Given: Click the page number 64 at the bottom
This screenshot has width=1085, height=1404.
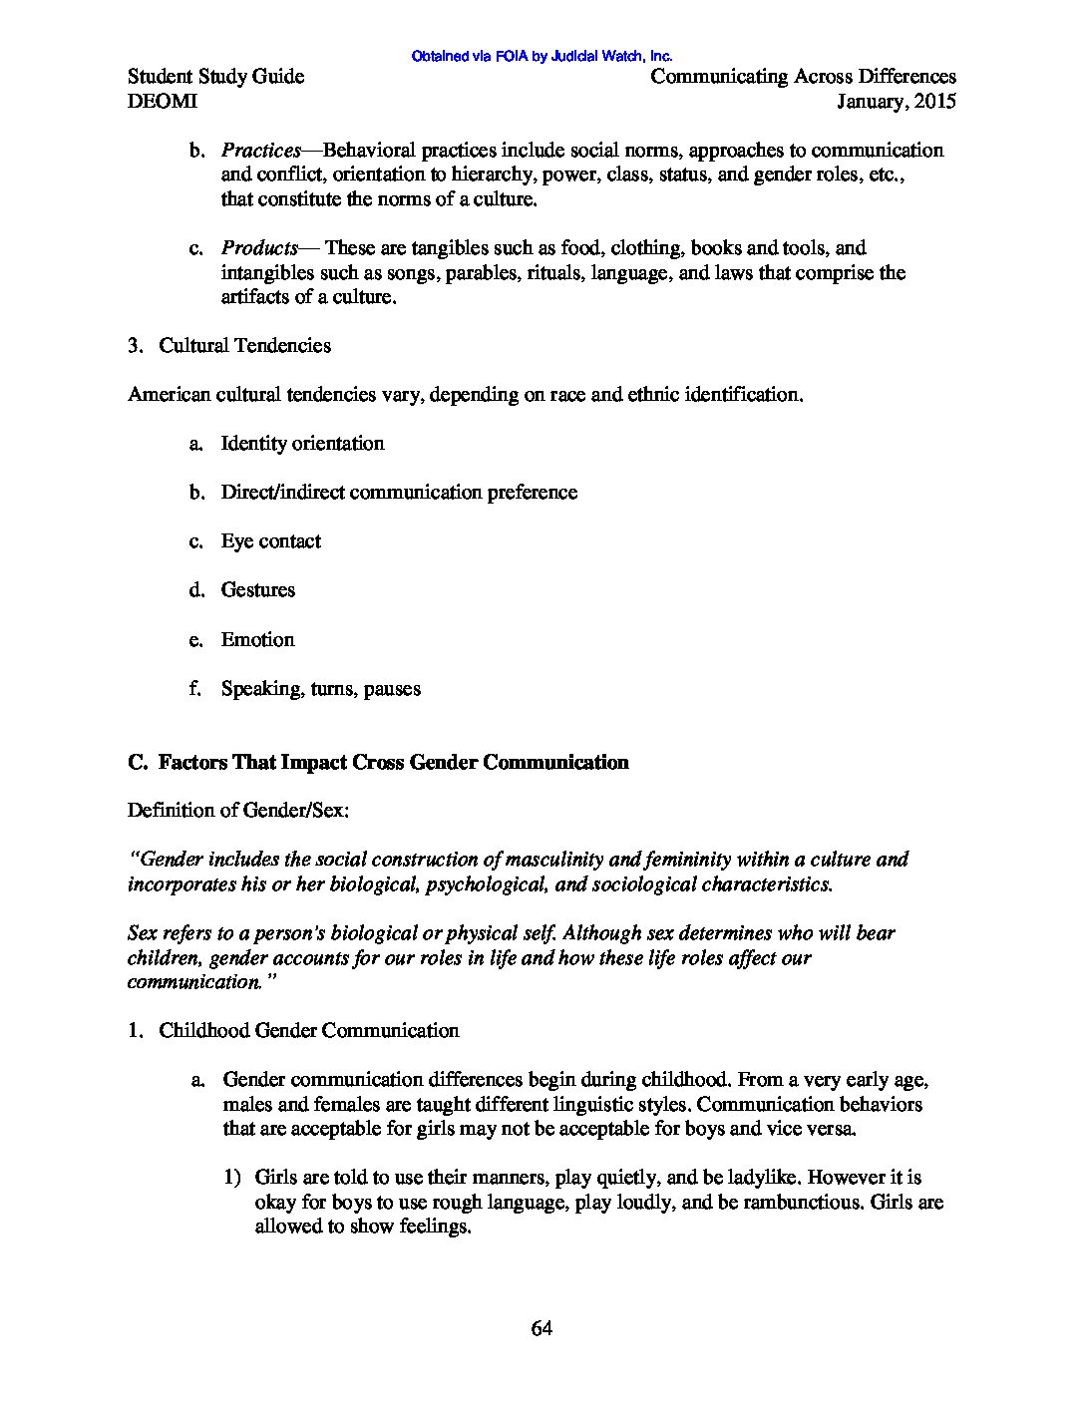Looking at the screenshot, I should pyautogui.click(x=542, y=1328).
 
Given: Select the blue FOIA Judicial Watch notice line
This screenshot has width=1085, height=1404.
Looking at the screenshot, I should pyautogui.click(x=542, y=57).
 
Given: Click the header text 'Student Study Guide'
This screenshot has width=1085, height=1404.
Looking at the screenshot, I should pyautogui.click(x=216, y=77).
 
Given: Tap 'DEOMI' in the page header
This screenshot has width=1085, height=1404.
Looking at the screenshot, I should pyautogui.click(x=163, y=101).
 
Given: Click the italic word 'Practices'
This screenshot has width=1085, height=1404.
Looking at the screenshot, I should pyautogui.click(x=260, y=151).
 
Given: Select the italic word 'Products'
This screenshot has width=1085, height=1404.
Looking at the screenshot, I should pyautogui.click(x=259, y=248).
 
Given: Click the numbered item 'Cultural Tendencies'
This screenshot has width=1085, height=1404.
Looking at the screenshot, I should pyautogui.click(x=244, y=346).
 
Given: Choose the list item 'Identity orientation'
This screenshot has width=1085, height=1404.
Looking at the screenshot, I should pyautogui.click(x=302, y=444).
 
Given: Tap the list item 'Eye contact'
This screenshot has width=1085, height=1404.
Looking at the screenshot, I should pyautogui.click(x=271, y=541).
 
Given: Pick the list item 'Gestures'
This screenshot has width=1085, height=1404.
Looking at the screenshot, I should pyautogui.click(x=258, y=590).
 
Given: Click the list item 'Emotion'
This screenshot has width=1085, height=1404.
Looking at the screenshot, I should pyautogui.click(x=257, y=639).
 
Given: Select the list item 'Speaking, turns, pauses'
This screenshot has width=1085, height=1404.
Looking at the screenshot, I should pyautogui.click(x=321, y=689).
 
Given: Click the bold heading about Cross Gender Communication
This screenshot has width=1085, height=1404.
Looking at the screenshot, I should pyautogui.click(x=378, y=763).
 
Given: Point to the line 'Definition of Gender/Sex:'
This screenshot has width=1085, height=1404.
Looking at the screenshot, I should pyautogui.click(x=238, y=811).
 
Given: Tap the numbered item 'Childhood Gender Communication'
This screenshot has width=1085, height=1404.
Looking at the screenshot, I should pyautogui.click(x=309, y=1031).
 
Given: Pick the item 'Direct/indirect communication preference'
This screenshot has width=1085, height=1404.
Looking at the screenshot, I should pyautogui.click(x=399, y=493).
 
